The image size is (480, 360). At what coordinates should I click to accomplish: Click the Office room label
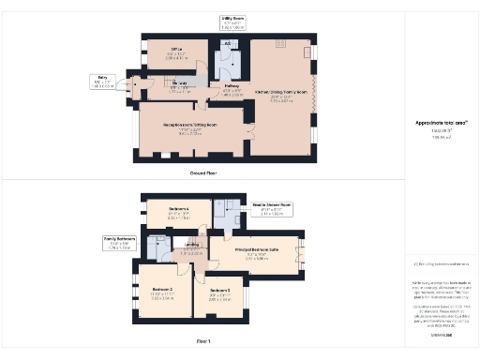click(x=175, y=51)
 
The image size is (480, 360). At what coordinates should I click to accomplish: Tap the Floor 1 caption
click(x=203, y=339)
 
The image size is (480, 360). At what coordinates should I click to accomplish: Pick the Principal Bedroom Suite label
click(x=256, y=251)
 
